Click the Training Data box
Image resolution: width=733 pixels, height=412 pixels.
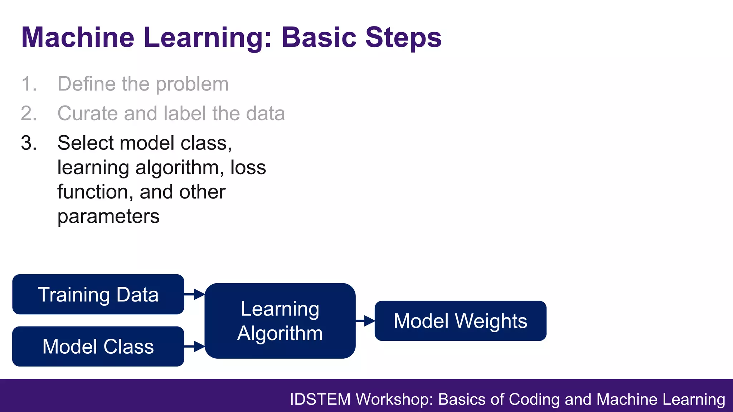click(98, 294)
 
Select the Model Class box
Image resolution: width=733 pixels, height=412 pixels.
click(98, 346)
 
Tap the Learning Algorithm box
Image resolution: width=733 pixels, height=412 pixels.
click(280, 321)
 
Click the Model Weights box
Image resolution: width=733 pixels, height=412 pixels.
click(460, 321)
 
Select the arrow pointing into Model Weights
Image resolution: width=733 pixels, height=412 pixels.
click(365, 321)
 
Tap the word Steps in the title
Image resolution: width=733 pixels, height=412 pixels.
click(403, 37)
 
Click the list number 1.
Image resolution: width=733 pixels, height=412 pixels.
click(29, 84)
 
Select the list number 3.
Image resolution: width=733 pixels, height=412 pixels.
click(29, 143)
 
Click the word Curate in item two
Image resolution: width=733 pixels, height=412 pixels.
click(87, 113)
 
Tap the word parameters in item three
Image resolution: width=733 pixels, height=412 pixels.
click(108, 217)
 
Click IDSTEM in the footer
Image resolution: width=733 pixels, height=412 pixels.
click(320, 399)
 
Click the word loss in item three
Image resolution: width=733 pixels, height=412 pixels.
click(248, 167)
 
